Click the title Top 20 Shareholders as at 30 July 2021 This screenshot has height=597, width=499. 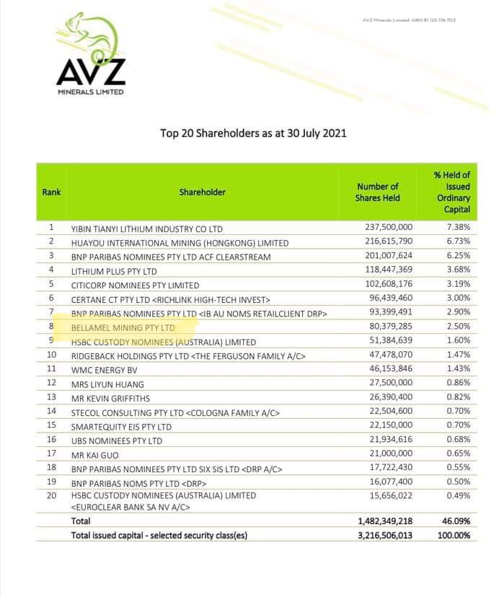pos(253,133)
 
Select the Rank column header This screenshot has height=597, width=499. pos(51,192)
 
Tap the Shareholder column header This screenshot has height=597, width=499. pos(203,192)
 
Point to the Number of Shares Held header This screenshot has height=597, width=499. pos(378,192)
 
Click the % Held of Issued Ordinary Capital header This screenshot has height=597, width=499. pos(451,192)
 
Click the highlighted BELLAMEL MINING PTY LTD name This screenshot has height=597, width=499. pos(123,328)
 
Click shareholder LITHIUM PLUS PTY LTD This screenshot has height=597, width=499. pos(114,271)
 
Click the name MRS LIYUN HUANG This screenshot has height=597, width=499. pos(107,384)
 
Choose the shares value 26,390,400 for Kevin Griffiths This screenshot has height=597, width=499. pos(391,398)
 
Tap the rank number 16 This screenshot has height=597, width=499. pos(51,440)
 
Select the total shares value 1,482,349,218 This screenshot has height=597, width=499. pos(384,521)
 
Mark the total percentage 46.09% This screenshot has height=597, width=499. pos(456,521)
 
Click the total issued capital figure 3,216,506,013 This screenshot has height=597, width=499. pos(384,535)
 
